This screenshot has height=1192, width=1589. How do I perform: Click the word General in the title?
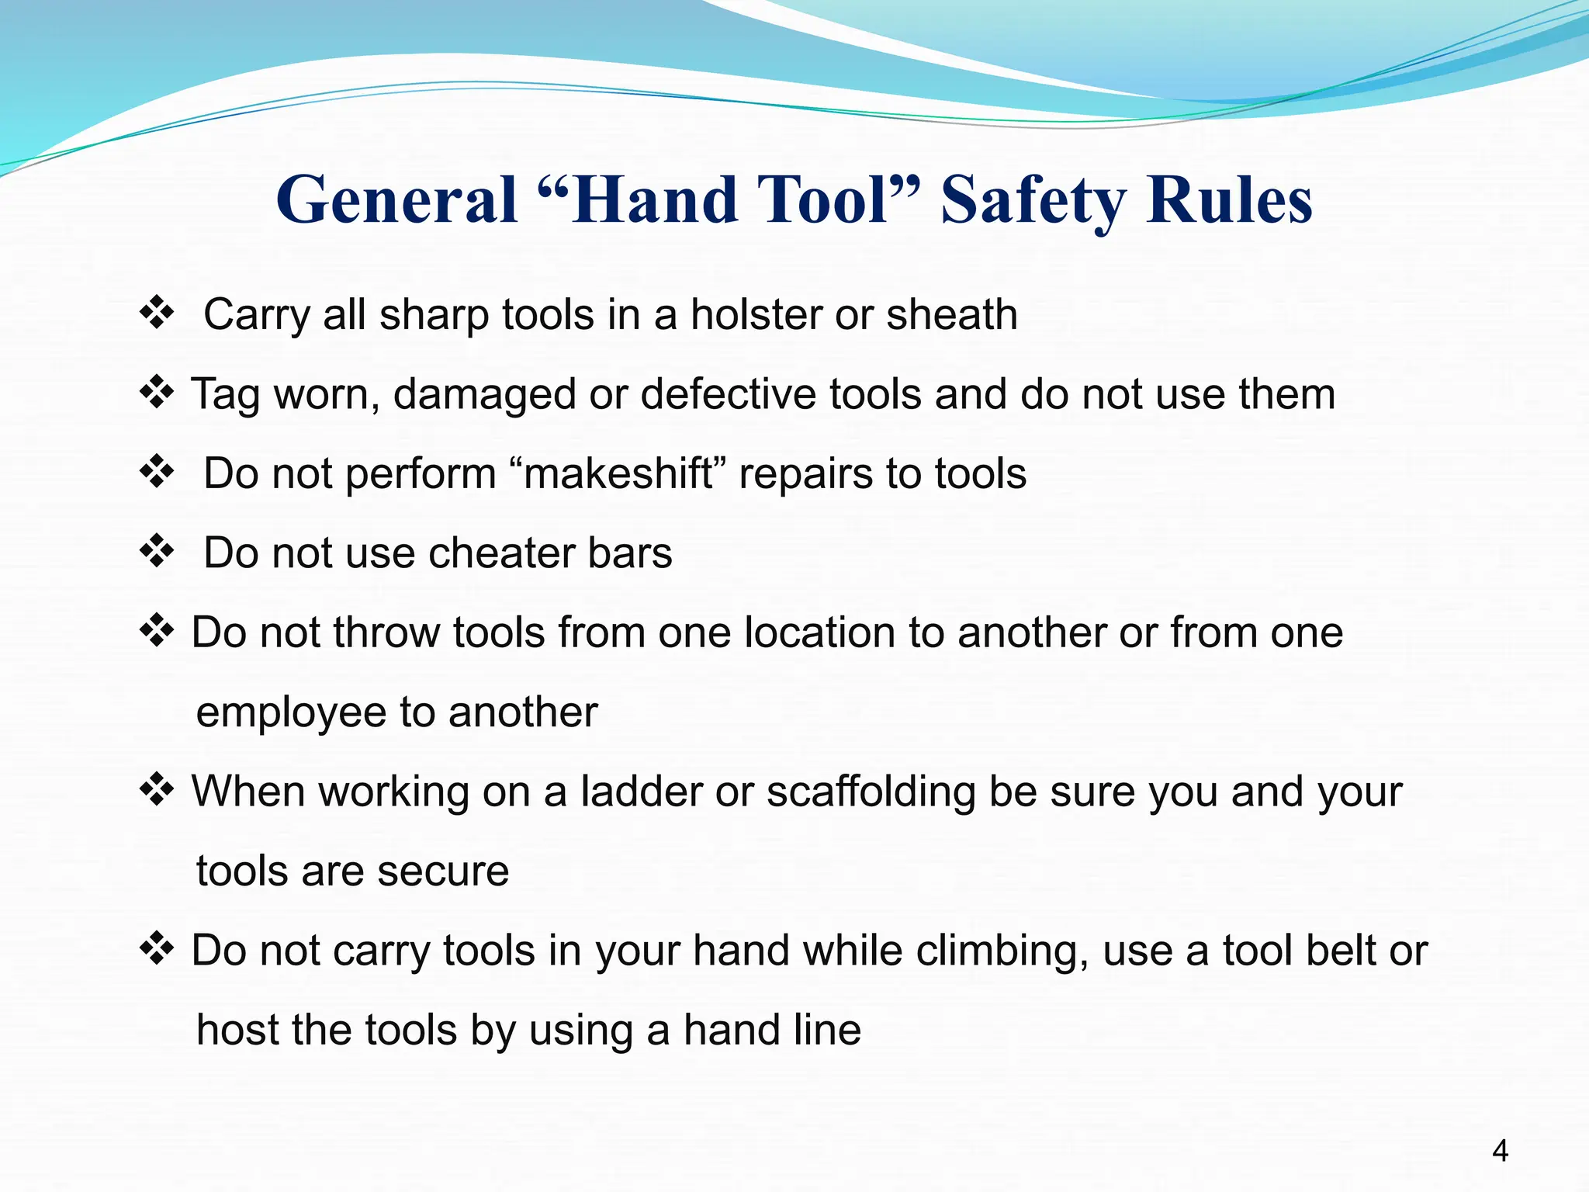pos(396,200)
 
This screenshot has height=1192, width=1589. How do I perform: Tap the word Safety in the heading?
pos(1032,200)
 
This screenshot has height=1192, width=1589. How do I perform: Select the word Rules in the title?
pos(1229,200)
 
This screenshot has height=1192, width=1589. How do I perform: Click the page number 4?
pos(1500,1150)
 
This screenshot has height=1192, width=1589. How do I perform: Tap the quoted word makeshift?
pos(618,473)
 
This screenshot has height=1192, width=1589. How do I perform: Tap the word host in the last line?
pos(234,1030)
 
